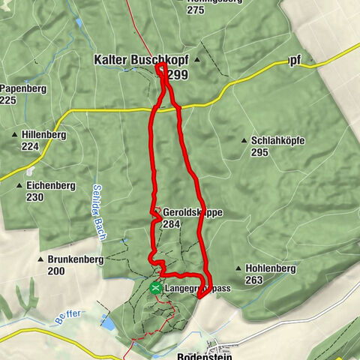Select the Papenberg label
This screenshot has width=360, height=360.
[22, 88]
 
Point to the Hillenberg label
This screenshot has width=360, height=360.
[44, 135]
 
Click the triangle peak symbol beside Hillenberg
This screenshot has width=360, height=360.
[15, 135]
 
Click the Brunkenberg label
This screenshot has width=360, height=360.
[76, 259]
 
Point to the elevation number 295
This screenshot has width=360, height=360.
[260, 152]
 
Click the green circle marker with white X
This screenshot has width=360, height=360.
[155, 287]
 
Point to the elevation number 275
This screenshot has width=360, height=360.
[196, 10]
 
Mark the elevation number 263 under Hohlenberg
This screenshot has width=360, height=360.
[253, 280]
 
